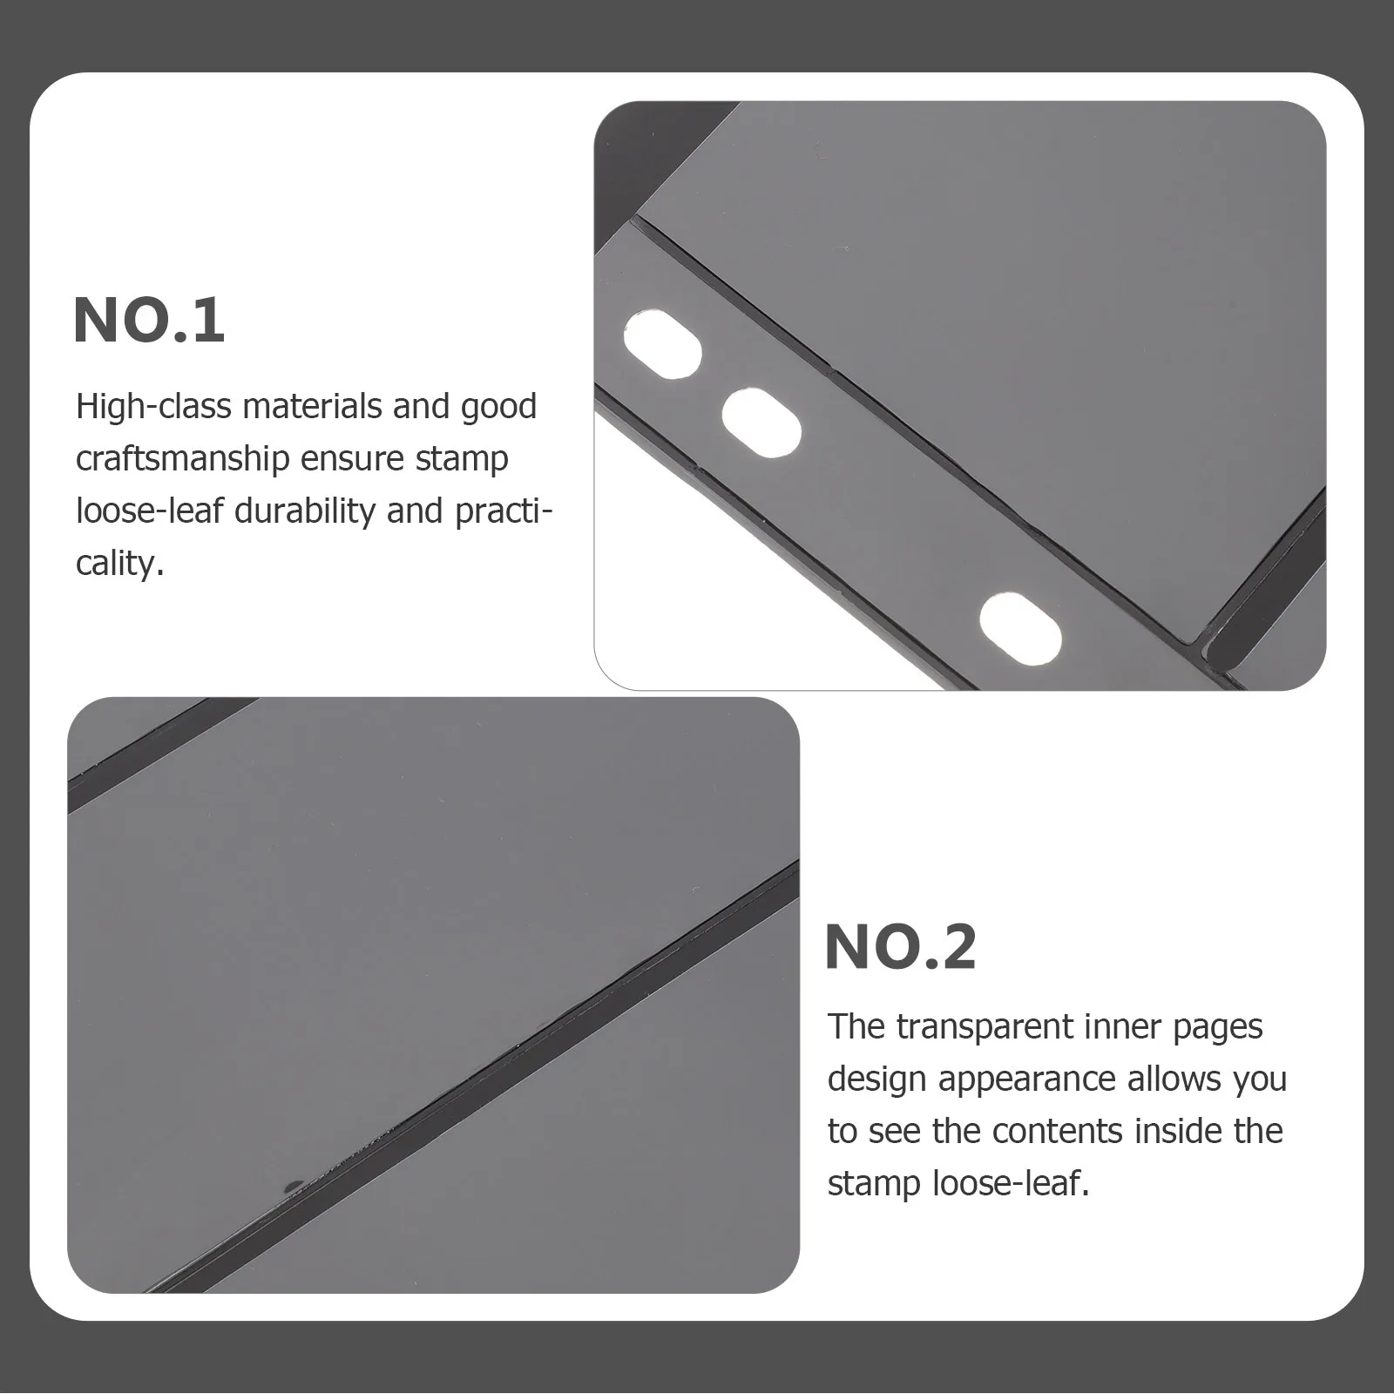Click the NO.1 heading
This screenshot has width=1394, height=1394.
(149, 321)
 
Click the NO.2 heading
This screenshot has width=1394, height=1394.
(900, 948)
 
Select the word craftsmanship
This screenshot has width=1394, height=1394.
(182, 459)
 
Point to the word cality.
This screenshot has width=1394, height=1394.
(119, 564)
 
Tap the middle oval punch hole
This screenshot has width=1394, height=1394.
(761, 423)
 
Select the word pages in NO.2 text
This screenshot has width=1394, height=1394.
(1217, 1027)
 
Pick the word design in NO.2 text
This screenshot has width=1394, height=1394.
(877, 1080)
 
